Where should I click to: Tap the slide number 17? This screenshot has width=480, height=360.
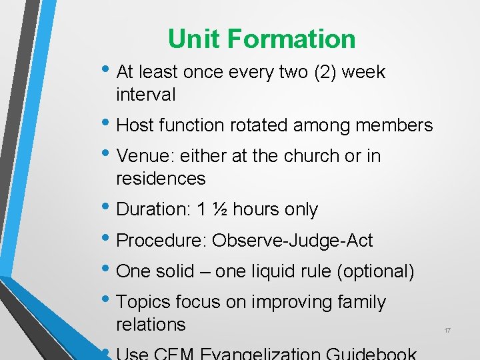447,331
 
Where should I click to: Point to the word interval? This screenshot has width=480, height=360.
146,95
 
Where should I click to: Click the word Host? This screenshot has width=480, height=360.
136,125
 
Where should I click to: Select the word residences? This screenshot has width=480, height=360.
161,179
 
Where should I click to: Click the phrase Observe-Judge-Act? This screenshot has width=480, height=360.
293,240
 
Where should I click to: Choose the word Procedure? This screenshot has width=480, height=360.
161,240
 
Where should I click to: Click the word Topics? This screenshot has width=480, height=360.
143,302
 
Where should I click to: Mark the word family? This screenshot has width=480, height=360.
361,302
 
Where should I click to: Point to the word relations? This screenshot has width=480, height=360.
151,325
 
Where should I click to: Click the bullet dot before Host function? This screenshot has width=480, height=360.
109,125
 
